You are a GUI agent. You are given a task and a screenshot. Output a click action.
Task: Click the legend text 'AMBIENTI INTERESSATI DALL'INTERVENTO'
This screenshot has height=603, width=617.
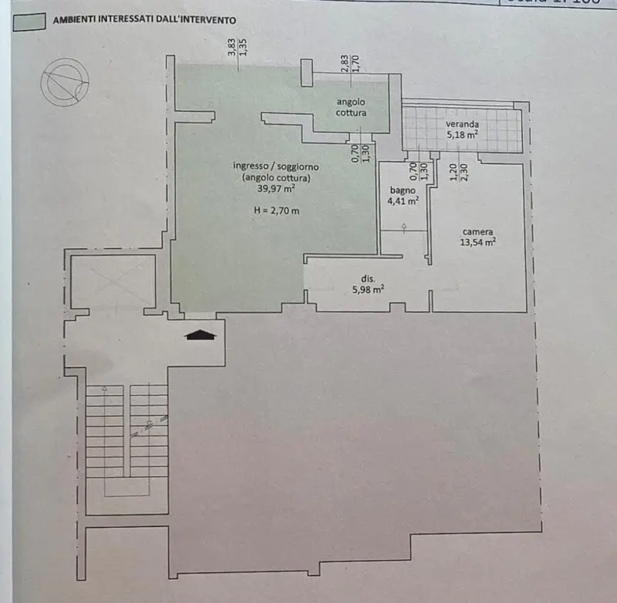(144, 21)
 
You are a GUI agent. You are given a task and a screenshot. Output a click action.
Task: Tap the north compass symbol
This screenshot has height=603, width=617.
(66, 82)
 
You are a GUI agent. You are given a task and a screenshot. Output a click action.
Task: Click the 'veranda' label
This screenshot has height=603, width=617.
(462, 124)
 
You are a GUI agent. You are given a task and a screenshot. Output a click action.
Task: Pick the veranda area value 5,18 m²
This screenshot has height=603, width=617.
(462, 135)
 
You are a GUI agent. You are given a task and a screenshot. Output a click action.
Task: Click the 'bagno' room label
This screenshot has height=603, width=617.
(402, 191)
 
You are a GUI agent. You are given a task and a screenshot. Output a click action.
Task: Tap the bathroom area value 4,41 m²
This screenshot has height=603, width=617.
(402, 202)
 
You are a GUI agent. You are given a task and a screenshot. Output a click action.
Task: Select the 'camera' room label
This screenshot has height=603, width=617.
(478, 231)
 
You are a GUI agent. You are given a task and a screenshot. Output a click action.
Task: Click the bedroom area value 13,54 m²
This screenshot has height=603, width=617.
(478, 242)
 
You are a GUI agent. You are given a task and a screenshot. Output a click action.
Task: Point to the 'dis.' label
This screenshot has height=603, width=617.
(368, 279)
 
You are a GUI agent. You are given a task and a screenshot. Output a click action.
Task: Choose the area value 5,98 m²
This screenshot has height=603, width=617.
(368, 290)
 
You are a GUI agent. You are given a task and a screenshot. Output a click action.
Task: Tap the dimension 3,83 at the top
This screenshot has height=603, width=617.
(231, 48)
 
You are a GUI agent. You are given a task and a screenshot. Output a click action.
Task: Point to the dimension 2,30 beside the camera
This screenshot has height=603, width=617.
(464, 173)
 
